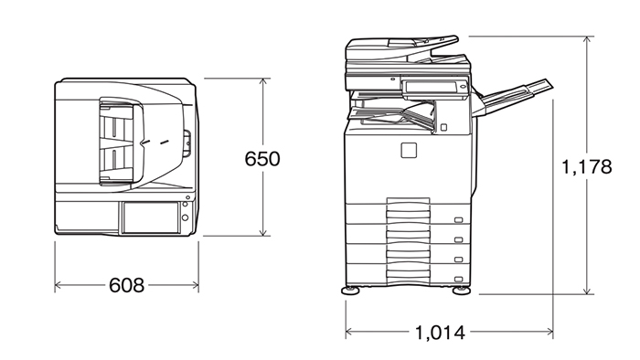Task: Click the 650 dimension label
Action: (262, 159)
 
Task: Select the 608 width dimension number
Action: (126, 285)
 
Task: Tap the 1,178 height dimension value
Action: (587, 166)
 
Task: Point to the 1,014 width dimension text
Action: (440, 333)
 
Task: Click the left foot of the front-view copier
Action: (350, 291)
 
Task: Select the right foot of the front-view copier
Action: (461, 291)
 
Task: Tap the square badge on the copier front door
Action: (409, 150)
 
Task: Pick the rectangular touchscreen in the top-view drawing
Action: (150, 217)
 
